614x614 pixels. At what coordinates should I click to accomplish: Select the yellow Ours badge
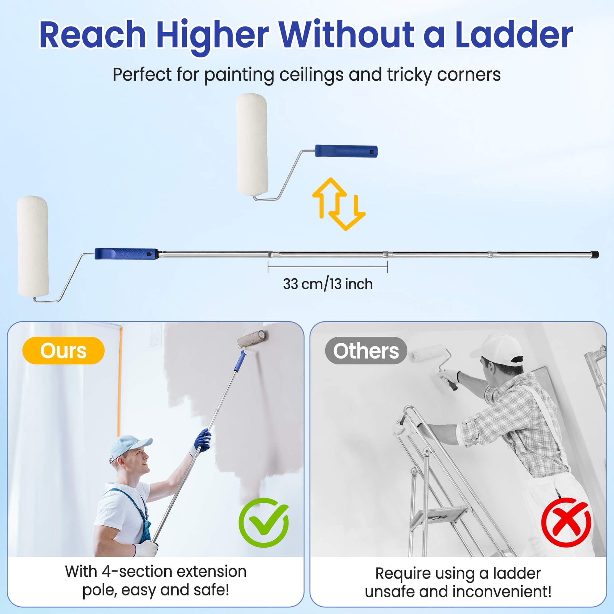click(x=63, y=351)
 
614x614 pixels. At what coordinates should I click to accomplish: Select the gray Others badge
click(x=366, y=351)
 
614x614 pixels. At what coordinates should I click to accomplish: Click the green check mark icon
click(x=263, y=522)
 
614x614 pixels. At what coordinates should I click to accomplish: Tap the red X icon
click(x=566, y=522)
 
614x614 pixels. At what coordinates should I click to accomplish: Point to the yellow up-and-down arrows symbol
click(x=339, y=204)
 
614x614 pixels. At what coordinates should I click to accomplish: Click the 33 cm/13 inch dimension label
click(x=328, y=284)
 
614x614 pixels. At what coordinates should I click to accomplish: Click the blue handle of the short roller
click(x=346, y=151)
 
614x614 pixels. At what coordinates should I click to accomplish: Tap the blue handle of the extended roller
click(x=126, y=254)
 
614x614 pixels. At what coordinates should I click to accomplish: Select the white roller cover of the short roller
click(x=252, y=144)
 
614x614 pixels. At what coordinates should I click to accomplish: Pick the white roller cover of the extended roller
click(x=33, y=247)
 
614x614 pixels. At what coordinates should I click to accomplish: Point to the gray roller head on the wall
click(x=252, y=338)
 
